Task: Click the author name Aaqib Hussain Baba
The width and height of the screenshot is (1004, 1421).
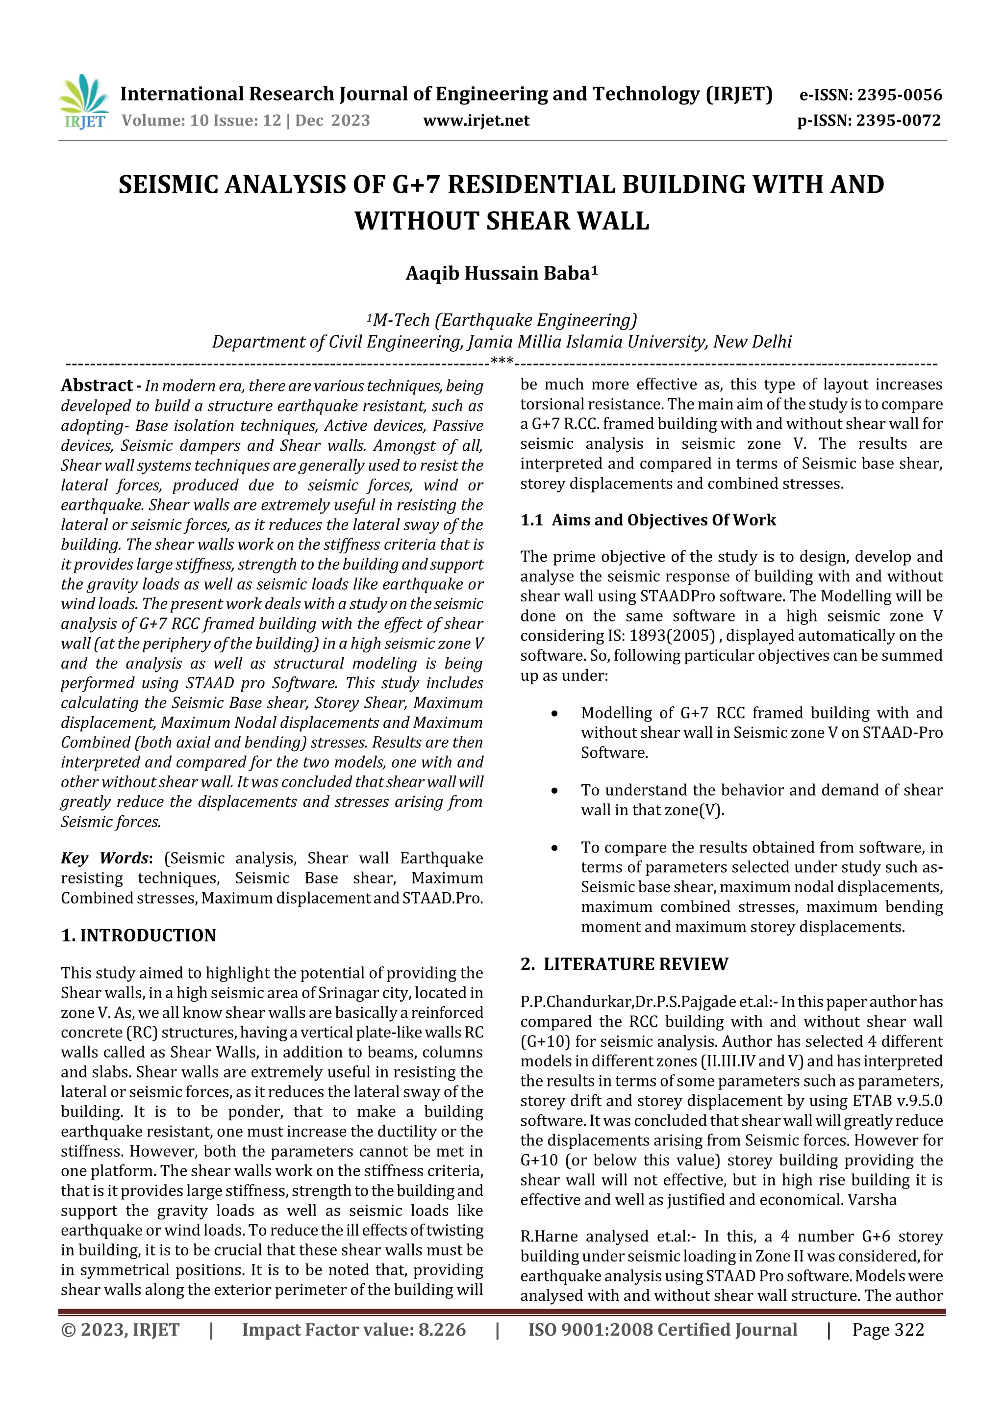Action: point(501,273)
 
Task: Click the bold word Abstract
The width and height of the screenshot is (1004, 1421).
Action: point(96,386)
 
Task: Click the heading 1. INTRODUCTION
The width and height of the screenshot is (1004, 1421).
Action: point(139,935)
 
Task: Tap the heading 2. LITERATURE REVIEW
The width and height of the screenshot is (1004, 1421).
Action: point(624,964)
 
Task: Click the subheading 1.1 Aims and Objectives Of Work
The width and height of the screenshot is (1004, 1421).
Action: point(648,520)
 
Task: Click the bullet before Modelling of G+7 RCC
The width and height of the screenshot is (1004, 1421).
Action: point(555,714)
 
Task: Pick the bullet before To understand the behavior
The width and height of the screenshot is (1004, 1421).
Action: point(555,791)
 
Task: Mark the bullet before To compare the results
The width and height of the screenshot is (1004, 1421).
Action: point(555,848)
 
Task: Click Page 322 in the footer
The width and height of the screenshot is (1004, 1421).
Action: point(888,1329)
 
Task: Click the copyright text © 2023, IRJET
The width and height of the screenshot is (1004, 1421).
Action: point(120,1329)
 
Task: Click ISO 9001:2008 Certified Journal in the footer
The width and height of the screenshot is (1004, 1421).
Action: point(662,1329)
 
